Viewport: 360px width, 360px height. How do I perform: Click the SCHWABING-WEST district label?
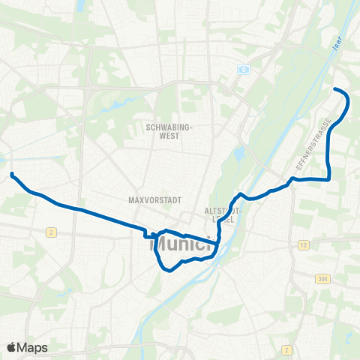click(169, 132)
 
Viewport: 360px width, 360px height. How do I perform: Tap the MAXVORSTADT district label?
click(151, 201)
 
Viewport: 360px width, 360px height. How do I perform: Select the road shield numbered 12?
click(303, 245)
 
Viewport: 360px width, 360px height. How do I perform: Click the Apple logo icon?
click(12, 347)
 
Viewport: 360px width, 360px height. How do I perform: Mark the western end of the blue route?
click(13, 174)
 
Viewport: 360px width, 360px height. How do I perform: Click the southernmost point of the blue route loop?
click(171, 271)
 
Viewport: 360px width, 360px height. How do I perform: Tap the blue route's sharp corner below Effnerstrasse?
click(329, 179)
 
